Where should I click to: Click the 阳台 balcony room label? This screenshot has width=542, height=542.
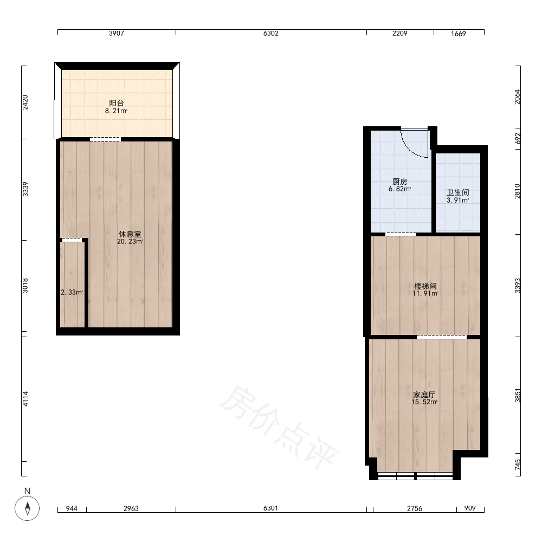(x=117, y=103)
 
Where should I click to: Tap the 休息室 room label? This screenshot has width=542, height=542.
(x=130, y=234)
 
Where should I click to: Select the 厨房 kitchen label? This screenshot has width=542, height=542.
(x=400, y=182)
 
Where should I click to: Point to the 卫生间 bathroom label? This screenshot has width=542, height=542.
(x=457, y=193)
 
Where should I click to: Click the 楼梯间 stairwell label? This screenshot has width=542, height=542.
(x=425, y=286)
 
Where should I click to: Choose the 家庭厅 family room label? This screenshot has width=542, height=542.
(x=424, y=395)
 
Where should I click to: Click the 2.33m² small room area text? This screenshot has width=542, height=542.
(x=72, y=293)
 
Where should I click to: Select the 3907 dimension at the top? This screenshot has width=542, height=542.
(x=117, y=34)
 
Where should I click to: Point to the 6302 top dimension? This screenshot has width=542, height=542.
(x=270, y=34)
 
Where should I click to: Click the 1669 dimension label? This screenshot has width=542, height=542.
(x=459, y=34)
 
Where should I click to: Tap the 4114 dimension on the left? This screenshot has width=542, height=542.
(x=25, y=399)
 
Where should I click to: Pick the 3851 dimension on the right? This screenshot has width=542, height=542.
(x=518, y=396)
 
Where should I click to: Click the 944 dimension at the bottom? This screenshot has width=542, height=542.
(x=72, y=508)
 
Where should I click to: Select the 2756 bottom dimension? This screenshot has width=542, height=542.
(x=415, y=508)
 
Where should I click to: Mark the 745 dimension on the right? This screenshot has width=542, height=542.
(x=518, y=464)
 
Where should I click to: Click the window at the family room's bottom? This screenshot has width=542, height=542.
(x=415, y=476)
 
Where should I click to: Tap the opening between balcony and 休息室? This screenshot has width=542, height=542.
(x=105, y=139)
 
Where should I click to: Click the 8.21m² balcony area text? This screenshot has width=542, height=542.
(x=117, y=111)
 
